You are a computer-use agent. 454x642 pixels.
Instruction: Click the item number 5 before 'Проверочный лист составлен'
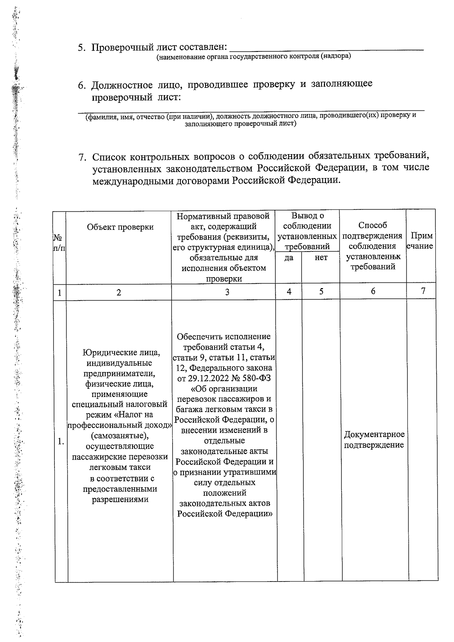point(81,48)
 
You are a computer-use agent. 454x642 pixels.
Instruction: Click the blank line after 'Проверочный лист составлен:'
point(327,48)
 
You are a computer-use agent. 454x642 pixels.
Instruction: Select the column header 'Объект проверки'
point(120,227)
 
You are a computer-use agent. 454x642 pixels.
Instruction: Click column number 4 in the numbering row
point(289,292)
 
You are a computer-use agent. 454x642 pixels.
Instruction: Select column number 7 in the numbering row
point(423,291)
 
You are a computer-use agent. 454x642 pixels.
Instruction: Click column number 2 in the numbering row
point(119,292)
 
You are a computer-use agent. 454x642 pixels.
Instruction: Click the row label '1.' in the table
point(61,441)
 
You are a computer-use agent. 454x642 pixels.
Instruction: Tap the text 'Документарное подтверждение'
point(374,440)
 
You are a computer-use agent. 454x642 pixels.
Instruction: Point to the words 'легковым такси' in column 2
point(120,467)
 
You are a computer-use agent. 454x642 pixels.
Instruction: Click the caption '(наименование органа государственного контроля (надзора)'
point(253,57)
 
